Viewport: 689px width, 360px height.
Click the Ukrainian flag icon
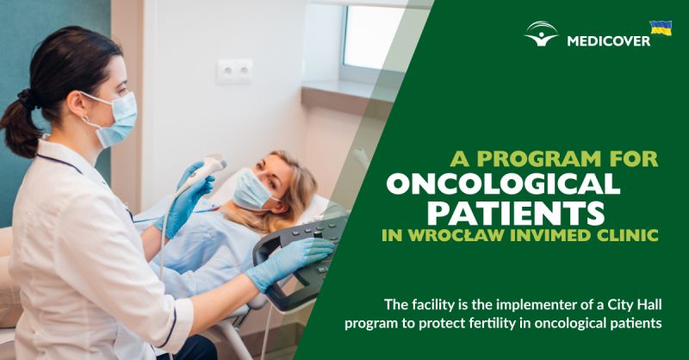point(661,28)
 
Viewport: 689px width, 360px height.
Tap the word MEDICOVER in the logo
point(609,41)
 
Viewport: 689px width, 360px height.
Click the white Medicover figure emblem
point(542,34)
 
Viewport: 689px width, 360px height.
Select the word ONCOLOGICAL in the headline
point(503,184)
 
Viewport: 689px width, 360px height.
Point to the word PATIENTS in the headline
point(516,214)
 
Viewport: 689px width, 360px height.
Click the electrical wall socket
point(234,71)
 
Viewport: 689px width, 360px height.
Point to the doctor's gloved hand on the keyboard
point(290,261)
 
